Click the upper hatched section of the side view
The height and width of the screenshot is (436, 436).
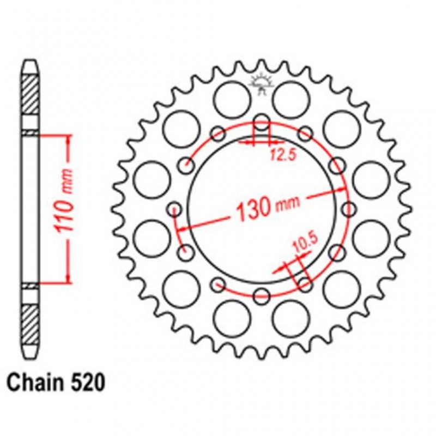31,93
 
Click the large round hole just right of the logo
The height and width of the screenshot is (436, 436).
290,97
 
